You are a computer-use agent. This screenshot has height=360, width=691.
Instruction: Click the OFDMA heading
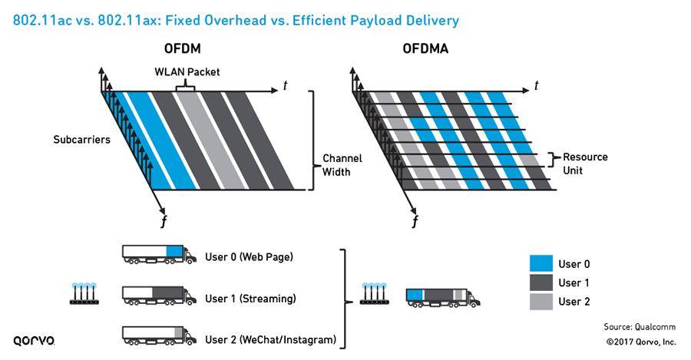[425, 49]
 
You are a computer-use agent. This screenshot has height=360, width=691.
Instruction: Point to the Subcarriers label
[76, 140]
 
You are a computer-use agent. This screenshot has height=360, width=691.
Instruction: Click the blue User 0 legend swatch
[541, 263]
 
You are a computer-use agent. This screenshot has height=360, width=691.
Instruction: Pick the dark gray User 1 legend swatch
[541, 282]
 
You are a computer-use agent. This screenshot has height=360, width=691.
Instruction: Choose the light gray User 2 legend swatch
[541, 302]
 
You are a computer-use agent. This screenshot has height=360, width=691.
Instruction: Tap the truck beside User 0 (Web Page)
[154, 255]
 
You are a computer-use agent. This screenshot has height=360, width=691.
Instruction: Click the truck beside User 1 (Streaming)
[154, 296]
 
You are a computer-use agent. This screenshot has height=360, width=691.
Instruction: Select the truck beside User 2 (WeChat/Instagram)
[154, 336]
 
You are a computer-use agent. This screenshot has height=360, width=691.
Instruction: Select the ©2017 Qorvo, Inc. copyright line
[640, 342]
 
